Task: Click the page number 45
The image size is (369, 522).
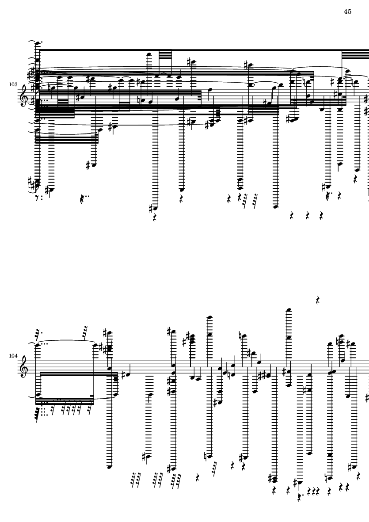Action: click(x=347, y=11)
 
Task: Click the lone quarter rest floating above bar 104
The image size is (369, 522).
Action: click(x=318, y=301)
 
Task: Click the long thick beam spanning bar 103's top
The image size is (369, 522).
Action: click(x=199, y=51)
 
